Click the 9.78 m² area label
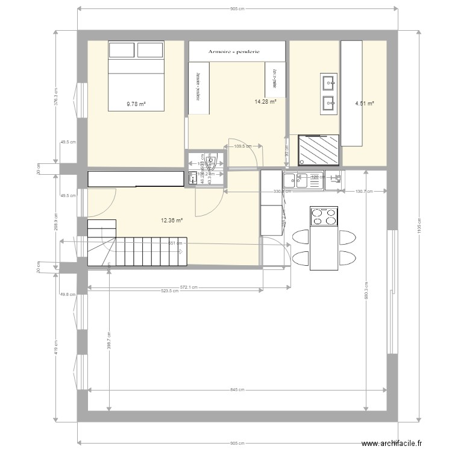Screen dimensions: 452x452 pyautogui.click(x=136, y=104)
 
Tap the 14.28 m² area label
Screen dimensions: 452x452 pyautogui.click(x=265, y=102)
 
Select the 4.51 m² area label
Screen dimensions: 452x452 pyautogui.click(x=365, y=104)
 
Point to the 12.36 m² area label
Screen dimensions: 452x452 pyautogui.click(x=171, y=221)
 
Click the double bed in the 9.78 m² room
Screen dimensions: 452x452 pyautogui.click(x=136, y=75)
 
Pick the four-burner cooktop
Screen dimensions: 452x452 pyautogui.click(x=324, y=216)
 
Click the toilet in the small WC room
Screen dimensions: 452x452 pyautogui.click(x=212, y=162)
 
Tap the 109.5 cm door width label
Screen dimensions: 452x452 pyautogui.click(x=242, y=146)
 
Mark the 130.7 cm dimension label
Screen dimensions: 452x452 pyautogui.click(x=363, y=192)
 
